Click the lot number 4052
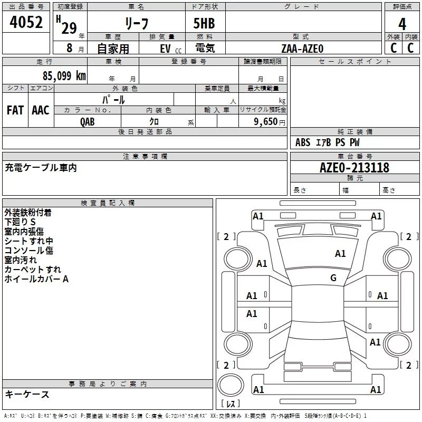click(x=26, y=22)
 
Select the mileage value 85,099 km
click(x=64, y=76)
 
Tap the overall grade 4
click(x=402, y=24)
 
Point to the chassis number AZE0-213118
click(x=354, y=168)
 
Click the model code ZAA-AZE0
click(x=302, y=49)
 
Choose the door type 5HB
click(x=204, y=23)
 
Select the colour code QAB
click(x=87, y=122)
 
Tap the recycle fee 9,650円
click(x=270, y=122)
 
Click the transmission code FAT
click(x=15, y=110)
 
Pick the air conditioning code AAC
click(x=41, y=110)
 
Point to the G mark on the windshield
click(x=333, y=278)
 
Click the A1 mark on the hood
click(x=340, y=254)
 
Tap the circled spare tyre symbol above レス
click(x=231, y=385)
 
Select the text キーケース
click(x=27, y=394)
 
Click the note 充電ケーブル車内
click(x=41, y=168)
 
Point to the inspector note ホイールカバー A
click(x=36, y=279)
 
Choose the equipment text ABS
click(x=303, y=142)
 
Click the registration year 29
click(x=69, y=28)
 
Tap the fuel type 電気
click(x=205, y=48)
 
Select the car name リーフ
click(x=137, y=23)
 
